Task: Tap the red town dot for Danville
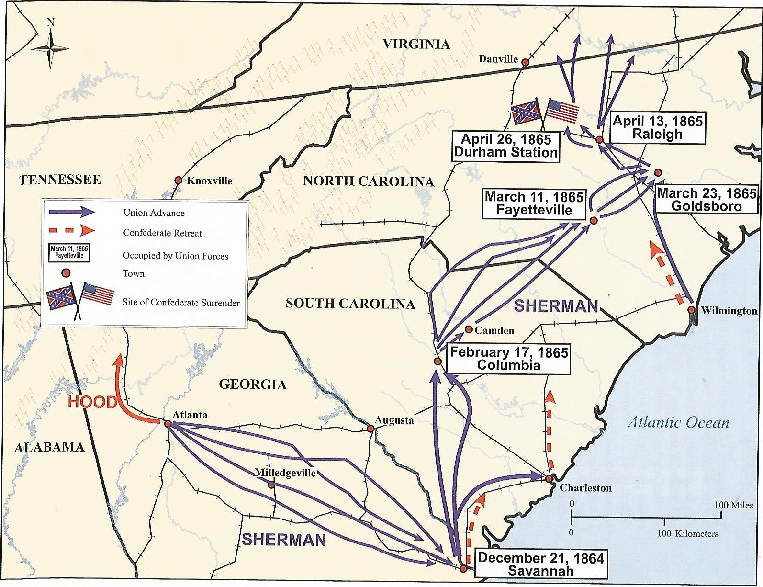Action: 525,62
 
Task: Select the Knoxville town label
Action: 209,181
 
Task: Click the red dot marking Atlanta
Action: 168,424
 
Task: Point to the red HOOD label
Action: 92,402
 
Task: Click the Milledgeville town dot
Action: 271,485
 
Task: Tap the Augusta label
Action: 394,420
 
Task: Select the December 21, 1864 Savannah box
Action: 540,564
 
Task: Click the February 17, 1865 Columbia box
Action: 508,359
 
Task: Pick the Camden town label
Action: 494,330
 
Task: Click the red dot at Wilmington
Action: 691,310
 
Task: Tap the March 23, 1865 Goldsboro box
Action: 706,200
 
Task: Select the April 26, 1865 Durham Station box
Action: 505,146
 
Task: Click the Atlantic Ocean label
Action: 678,422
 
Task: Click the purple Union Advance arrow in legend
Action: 72,212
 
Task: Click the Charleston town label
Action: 585,488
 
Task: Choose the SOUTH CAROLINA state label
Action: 350,304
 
